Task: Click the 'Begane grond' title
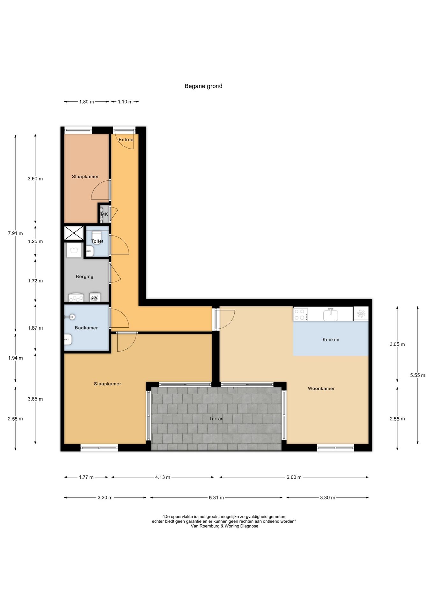(x=203, y=86)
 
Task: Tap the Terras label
(x=216, y=419)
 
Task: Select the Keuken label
(x=331, y=340)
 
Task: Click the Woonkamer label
(x=321, y=389)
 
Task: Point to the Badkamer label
(x=86, y=328)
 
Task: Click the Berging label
(x=85, y=277)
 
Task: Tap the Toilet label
(x=98, y=241)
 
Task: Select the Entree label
(x=126, y=140)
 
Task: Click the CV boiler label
(x=95, y=298)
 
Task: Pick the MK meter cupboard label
(x=105, y=214)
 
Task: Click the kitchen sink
(x=331, y=314)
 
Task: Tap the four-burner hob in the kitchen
(x=300, y=314)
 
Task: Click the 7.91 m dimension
(x=15, y=233)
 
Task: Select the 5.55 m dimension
(x=418, y=375)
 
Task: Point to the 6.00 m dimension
(x=294, y=477)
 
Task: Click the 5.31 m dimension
(x=216, y=498)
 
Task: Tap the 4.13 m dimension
(x=163, y=477)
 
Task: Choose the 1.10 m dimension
(x=125, y=102)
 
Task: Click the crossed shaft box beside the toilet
(x=74, y=233)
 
